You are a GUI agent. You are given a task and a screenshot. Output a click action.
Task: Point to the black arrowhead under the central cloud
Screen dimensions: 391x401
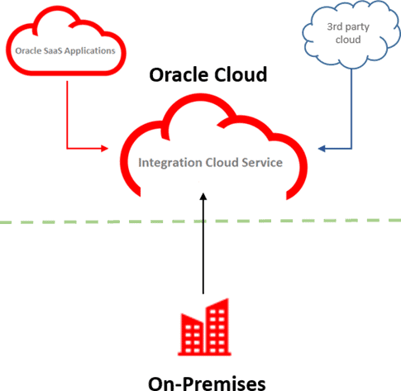click(x=203, y=198)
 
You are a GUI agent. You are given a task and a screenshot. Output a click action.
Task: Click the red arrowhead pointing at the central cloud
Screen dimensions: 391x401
click(x=103, y=150)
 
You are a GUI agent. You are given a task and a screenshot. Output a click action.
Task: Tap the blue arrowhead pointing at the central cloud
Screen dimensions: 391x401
click(x=320, y=150)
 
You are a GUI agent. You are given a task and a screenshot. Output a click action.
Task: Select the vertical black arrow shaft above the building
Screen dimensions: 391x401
click(x=203, y=248)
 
